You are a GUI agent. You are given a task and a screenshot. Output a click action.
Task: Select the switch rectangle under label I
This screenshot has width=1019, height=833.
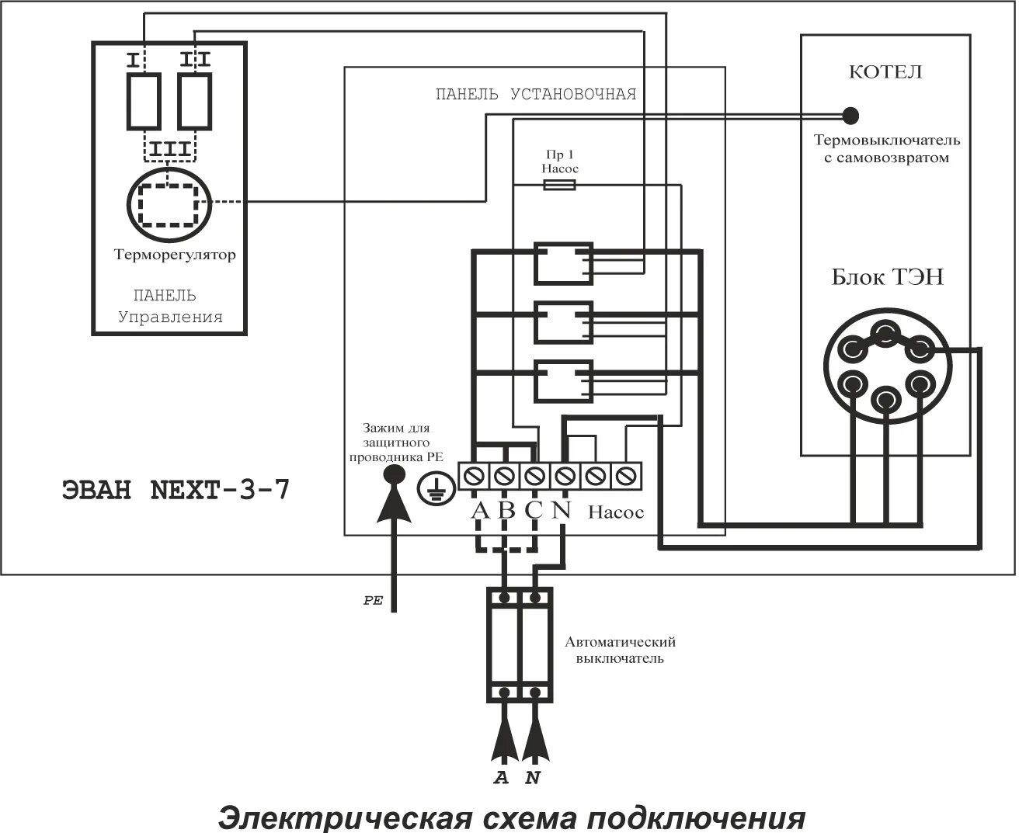point(144,101)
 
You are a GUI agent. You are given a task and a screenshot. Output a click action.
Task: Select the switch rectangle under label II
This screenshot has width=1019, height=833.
point(194,101)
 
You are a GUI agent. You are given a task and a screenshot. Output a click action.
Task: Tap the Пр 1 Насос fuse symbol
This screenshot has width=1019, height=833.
point(558,185)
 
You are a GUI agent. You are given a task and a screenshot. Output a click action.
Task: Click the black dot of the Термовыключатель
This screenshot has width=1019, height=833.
point(850,116)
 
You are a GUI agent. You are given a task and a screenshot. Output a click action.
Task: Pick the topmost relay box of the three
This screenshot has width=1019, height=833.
point(563,263)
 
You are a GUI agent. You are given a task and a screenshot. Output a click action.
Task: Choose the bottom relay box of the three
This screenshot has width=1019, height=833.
point(563,380)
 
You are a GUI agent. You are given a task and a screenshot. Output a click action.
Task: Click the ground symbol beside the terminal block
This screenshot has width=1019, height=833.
point(433,488)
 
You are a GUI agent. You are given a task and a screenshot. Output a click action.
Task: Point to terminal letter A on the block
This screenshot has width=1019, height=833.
point(480,511)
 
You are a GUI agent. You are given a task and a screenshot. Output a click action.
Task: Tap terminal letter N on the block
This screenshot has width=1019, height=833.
point(562,511)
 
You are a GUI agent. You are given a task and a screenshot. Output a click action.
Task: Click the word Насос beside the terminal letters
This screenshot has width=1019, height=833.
point(616,512)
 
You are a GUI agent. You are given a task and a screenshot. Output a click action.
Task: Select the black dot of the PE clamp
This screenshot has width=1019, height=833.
point(395,474)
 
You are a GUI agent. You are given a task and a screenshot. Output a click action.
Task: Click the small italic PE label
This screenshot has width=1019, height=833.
point(374,601)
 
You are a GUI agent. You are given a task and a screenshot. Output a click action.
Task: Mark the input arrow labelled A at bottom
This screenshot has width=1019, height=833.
point(504,741)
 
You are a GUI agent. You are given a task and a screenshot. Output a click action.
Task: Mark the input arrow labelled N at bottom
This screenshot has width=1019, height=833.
point(534,741)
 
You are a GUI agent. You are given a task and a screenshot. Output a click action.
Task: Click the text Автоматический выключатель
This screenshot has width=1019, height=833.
point(620,651)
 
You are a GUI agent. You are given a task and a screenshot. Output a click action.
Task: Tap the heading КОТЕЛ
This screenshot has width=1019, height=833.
point(885,72)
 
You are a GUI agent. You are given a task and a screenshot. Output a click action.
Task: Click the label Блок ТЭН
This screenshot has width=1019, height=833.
point(887,277)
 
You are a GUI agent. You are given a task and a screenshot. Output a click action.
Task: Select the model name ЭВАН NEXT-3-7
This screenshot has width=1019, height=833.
point(175,491)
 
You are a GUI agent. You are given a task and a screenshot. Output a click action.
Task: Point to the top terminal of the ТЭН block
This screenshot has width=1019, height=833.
point(885,334)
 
